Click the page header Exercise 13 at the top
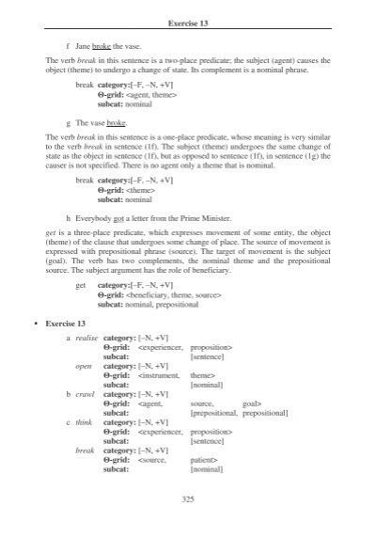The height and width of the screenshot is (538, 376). coord(187,20)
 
